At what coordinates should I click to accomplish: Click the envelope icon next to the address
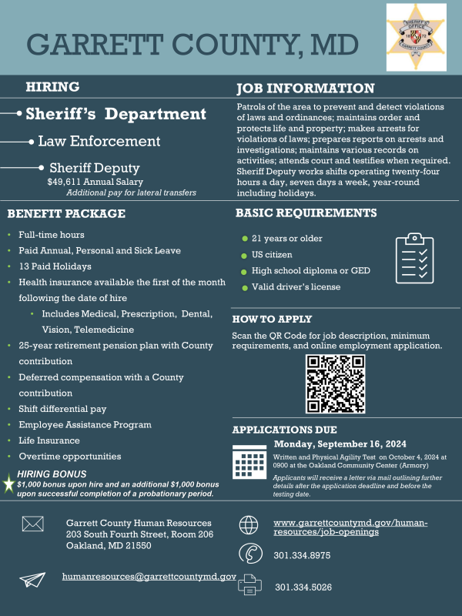coord(33,524)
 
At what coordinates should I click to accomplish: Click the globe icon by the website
coord(249,525)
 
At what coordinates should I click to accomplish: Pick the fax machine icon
coord(250,585)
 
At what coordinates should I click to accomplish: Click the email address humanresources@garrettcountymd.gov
coord(149,577)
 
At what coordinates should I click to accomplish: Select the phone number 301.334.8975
coord(303,555)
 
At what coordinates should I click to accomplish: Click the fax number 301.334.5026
coord(303,587)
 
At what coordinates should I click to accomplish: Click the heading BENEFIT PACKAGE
coord(66,213)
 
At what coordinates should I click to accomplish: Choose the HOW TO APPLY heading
coord(272,319)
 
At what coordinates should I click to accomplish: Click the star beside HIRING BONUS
coord(8,484)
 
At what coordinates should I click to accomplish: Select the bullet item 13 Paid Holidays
coord(55,266)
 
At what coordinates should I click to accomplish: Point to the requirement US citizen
coord(272,255)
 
